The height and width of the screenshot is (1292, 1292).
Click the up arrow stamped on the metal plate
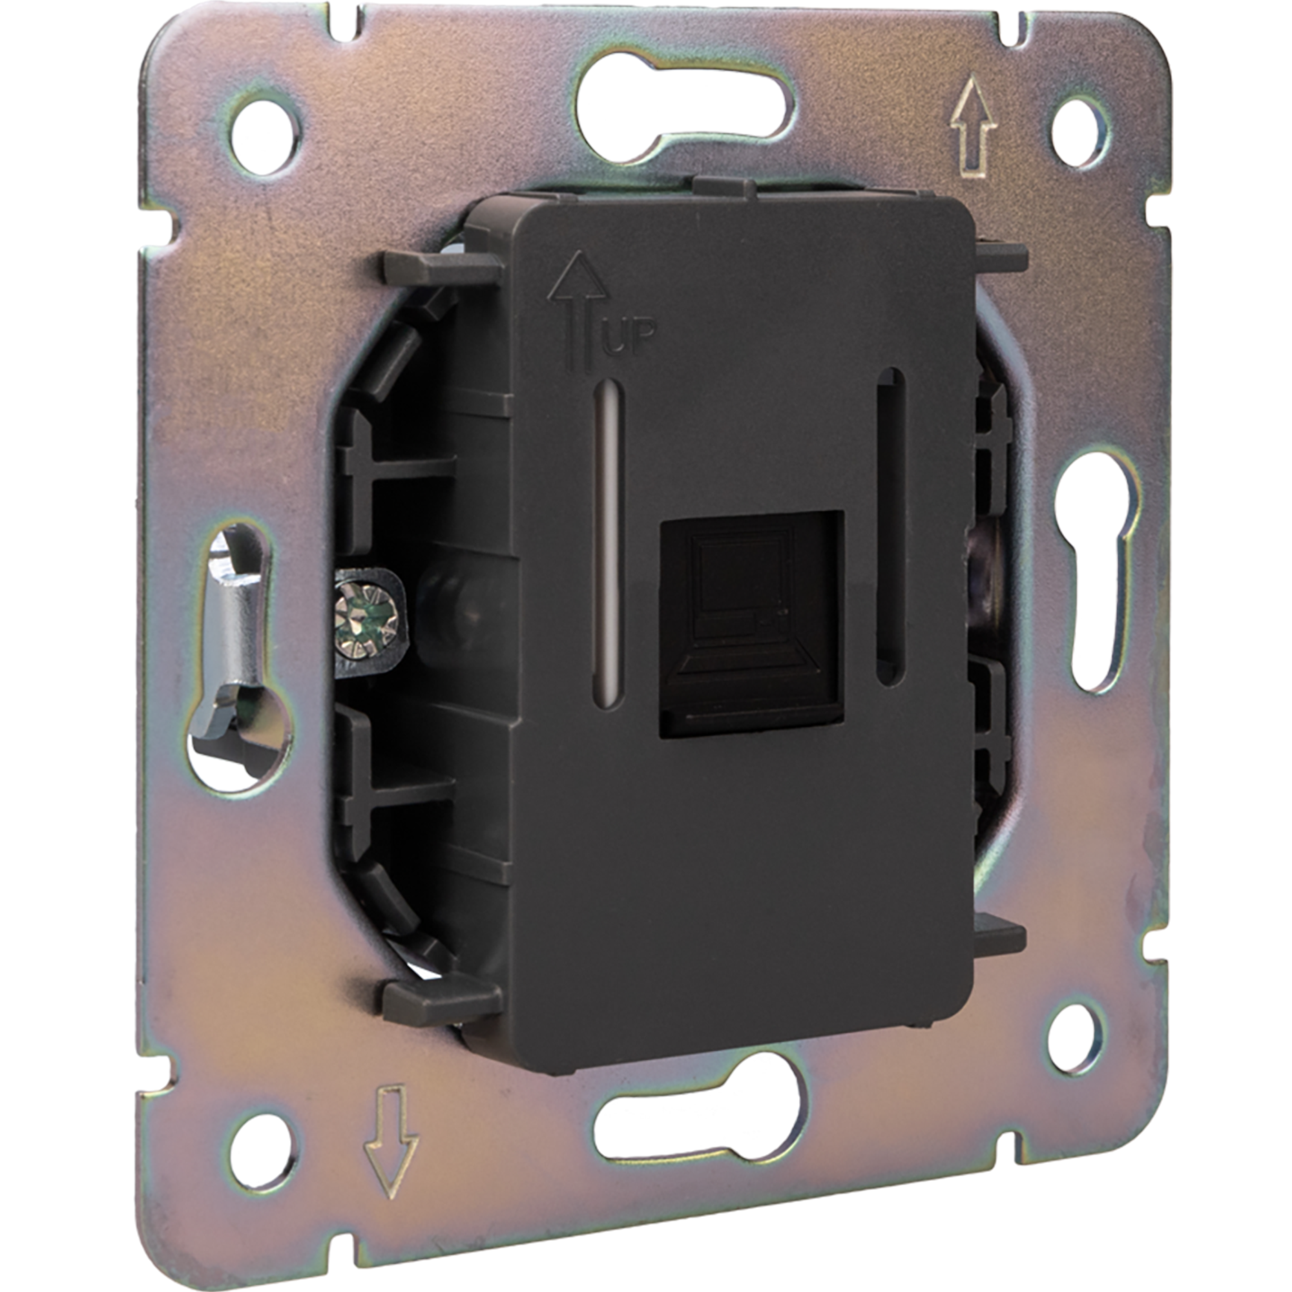(x=974, y=127)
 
